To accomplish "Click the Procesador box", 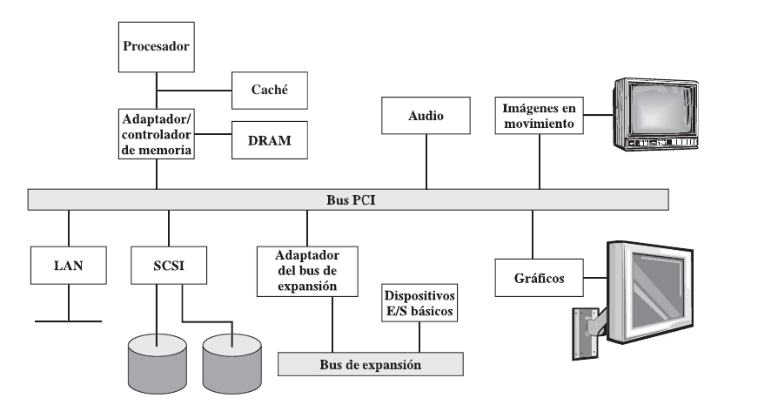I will [157, 45].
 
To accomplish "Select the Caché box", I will [269, 89].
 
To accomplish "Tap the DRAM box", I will [269, 139].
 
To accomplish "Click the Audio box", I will [426, 116].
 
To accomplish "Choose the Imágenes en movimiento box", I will [539, 116].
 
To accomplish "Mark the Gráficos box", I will [533, 280].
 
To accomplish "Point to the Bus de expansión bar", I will [369, 364].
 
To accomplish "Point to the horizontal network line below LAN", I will [69, 321].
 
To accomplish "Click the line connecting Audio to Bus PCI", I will [426, 163].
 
